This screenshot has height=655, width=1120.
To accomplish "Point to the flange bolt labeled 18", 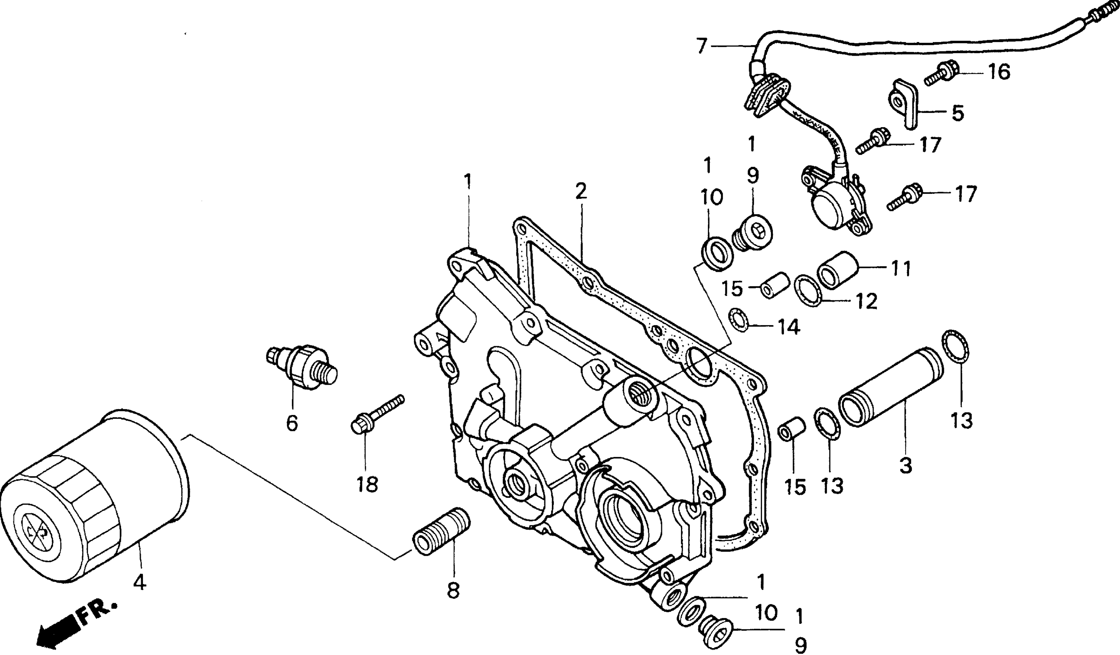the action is [x=377, y=414].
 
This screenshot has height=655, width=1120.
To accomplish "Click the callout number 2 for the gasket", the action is [x=581, y=191].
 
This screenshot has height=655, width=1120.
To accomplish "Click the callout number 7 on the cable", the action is [x=702, y=47].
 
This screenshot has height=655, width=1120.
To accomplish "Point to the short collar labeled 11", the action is [x=837, y=270].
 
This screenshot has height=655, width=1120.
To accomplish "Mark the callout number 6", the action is [x=292, y=423].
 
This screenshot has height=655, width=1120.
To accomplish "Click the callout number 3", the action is [x=905, y=465].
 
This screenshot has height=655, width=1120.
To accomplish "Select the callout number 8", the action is [x=453, y=590].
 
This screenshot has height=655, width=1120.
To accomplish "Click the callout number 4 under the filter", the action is [x=140, y=582].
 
